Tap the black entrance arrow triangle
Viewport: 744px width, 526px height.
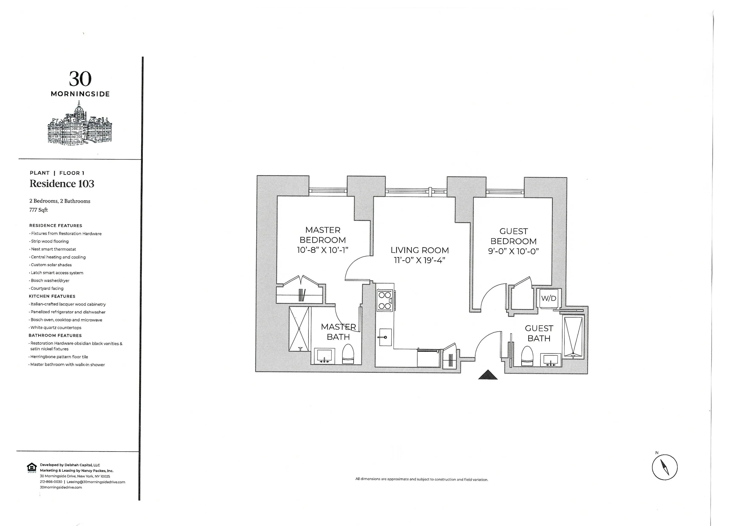point(488,375)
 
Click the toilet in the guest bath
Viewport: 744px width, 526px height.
point(527,356)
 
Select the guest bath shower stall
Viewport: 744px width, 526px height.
point(573,337)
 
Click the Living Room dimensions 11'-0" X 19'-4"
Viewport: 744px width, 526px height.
point(419,260)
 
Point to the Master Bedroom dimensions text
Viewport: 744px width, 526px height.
point(322,250)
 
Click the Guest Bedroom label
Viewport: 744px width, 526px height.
point(513,236)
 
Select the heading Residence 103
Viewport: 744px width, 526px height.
point(62,184)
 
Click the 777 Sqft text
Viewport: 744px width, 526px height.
point(39,210)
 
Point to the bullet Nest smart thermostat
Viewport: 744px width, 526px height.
point(53,249)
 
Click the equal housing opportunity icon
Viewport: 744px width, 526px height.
point(32,468)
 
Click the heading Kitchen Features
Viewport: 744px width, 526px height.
point(52,296)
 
